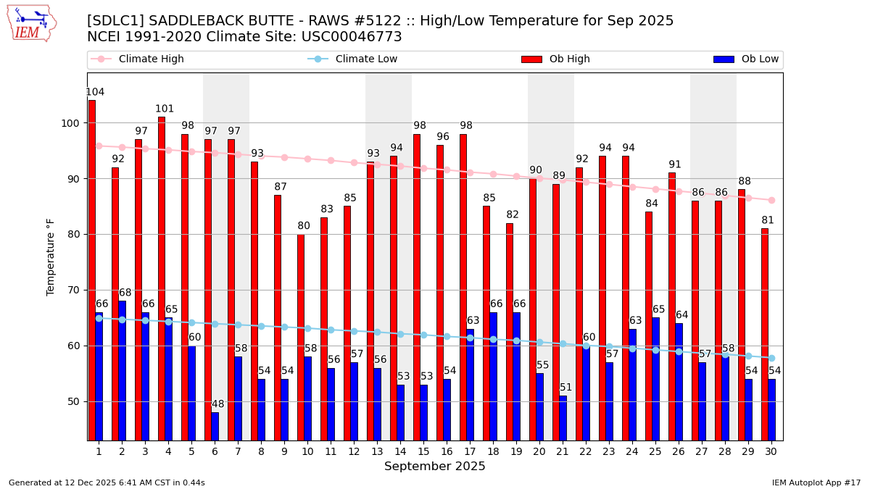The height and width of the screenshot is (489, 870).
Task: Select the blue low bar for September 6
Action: [x=215, y=426]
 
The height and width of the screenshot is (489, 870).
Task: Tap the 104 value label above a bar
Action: [x=95, y=92]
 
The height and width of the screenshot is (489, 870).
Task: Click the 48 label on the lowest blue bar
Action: [x=218, y=404]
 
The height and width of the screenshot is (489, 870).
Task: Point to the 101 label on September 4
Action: [x=165, y=109]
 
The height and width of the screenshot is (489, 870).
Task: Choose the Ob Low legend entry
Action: [x=746, y=59]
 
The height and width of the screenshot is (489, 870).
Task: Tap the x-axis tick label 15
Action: [x=423, y=451]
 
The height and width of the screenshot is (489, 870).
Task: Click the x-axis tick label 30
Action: [x=771, y=451]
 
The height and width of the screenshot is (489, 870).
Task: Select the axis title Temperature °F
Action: [x=51, y=256]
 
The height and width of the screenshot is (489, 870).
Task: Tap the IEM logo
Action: [x=32, y=23]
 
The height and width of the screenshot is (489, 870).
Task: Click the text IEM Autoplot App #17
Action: [x=816, y=482]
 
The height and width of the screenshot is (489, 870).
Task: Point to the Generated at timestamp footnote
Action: [x=107, y=482]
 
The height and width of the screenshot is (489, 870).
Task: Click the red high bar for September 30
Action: [x=765, y=333]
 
